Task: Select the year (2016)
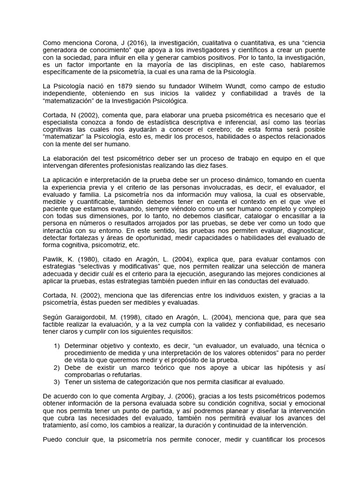click(129, 43)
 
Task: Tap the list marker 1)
click(57, 346)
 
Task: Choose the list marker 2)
click(57, 367)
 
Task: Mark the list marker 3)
click(57, 382)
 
